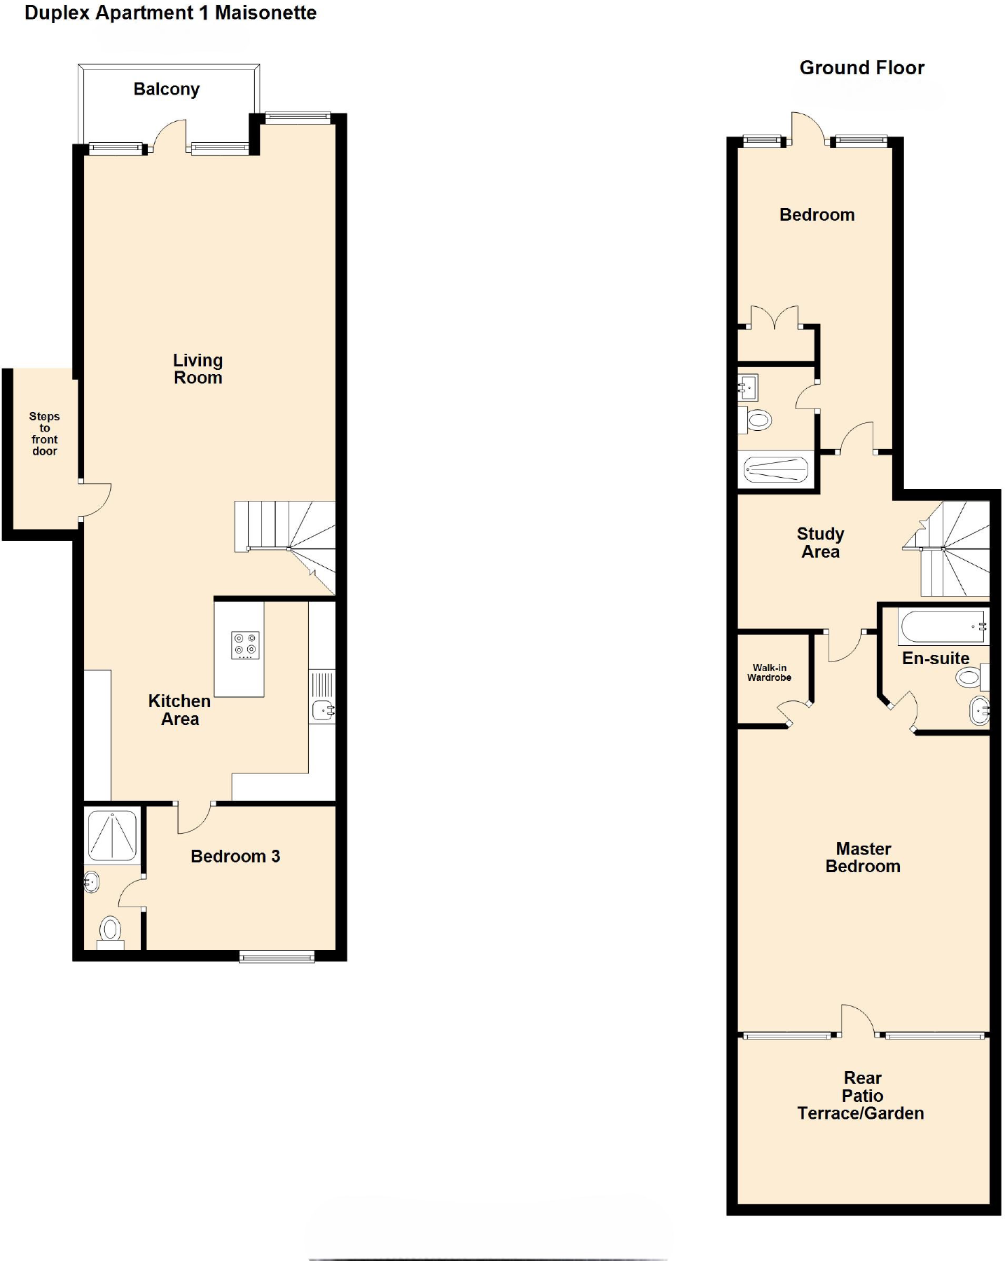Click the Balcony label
pos(167,90)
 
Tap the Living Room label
pos(198,369)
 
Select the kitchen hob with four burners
pos(245,645)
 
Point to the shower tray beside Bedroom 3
pos(112,836)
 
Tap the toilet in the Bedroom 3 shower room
pos(110,930)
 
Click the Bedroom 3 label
pos(235,857)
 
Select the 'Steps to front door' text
pos(45,434)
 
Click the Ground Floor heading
pos(862,68)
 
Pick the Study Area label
pos(821,543)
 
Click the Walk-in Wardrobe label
pos(769,673)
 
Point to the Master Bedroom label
pos(863,857)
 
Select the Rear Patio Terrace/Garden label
pos(861,1096)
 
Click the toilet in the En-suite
pos(969,677)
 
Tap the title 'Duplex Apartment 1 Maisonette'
pos(170,13)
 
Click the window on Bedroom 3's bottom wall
pos(277,956)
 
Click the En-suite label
pos(936,659)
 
